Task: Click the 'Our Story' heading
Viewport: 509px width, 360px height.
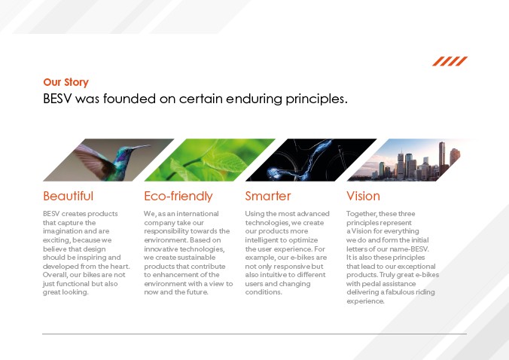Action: coord(66,82)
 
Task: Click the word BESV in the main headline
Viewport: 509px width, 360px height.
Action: coord(56,99)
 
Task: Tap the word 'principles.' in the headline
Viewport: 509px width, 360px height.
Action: coord(316,99)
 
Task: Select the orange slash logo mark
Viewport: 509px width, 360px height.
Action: coord(450,61)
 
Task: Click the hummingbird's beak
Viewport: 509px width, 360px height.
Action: coord(141,148)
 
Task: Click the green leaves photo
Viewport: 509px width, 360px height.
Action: coord(210,160)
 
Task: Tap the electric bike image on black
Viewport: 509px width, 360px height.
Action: coord(311,160)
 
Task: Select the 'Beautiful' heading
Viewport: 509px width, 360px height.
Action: coord(69,196)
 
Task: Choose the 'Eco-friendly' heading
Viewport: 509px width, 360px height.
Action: coord(178,196)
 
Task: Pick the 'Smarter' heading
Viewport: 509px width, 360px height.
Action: coord(268,196)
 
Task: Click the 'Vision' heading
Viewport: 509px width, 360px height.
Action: coord(363,196)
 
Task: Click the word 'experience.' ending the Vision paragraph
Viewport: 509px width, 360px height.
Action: coord(365,301)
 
